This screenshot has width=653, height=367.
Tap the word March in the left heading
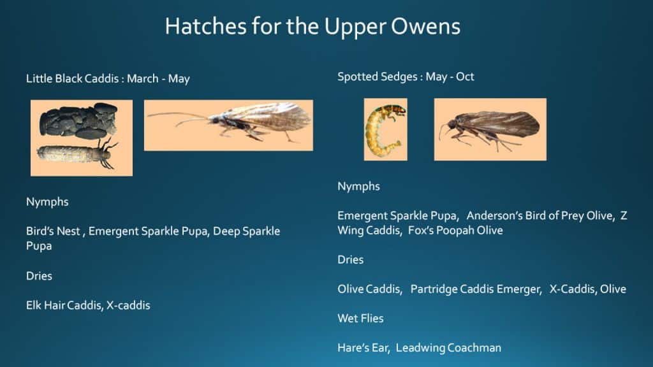coord(143,79)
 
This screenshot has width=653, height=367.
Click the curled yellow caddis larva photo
coord(385,129)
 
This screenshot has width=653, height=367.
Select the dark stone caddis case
coord(79,120)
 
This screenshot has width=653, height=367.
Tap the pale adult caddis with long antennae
coord(228,125)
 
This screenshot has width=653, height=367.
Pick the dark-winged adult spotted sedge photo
coord(490,129)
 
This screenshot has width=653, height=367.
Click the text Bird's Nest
coord(53,231)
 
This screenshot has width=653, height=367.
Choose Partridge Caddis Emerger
coord(476,289)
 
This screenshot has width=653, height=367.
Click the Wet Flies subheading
coord(360,318)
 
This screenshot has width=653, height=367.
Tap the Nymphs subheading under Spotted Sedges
coord(358,186)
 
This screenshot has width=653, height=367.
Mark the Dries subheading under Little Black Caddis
coord(39,276)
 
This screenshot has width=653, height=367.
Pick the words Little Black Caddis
coord(73,79)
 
